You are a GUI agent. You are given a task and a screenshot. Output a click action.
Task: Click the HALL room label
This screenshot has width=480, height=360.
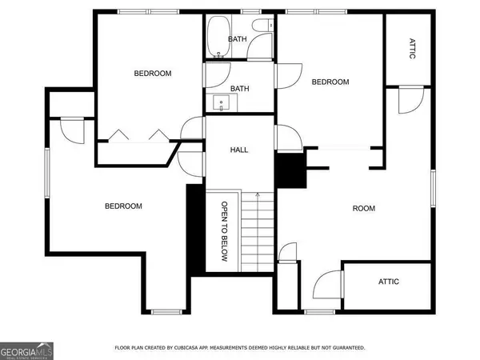(x=239, y=150)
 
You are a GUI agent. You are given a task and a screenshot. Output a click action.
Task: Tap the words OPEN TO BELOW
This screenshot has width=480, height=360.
(x=224, y=231)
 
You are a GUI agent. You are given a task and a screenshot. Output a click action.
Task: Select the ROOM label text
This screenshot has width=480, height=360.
(x=364, y=209)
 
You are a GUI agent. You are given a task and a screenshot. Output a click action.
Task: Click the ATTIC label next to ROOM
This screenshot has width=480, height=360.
(x=389, y=282)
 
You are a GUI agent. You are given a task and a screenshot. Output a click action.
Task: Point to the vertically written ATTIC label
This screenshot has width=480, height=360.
(x=412, y=48)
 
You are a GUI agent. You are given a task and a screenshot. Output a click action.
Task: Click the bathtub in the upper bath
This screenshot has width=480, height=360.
(x=218, y=36)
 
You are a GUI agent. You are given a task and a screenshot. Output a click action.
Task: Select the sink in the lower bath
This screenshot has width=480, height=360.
(x=222, y=103)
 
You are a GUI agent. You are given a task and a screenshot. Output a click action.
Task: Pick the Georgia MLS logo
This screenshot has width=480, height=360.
(x=26, y=351)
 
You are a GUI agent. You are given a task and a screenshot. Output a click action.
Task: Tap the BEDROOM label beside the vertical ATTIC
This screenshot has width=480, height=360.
(x=330, y=82)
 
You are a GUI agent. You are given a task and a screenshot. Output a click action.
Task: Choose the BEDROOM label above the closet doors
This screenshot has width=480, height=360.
(x=153, y=74)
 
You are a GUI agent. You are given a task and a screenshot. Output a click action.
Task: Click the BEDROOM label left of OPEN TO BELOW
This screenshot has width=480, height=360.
(x=123, y=206)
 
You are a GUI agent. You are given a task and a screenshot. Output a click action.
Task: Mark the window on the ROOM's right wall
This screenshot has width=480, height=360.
(x=433, y=189)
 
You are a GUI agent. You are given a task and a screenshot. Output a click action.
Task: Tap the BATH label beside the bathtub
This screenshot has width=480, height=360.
(x=238, y=39)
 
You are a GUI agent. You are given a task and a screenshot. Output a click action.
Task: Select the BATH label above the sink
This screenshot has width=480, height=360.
(x=240, y=89)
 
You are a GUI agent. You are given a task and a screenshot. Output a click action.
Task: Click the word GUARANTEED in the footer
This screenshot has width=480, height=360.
(x=349, y=348)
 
